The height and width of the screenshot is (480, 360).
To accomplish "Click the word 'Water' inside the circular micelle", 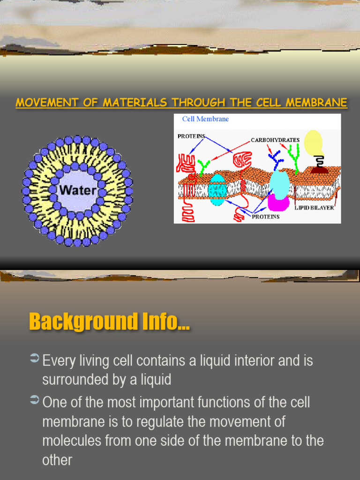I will (77, 191).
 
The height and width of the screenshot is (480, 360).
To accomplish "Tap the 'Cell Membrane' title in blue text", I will (205, 119).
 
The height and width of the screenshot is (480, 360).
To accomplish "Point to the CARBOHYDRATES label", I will (275, 140).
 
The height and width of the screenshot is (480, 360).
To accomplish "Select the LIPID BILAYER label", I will (314, 207).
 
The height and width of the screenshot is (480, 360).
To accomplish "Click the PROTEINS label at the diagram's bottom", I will (266, 217).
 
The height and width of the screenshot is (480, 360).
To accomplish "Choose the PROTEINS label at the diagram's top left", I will (191, 136).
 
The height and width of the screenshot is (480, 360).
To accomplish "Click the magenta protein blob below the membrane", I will (278, 202).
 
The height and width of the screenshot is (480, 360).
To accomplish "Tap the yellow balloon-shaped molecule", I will (313, 142).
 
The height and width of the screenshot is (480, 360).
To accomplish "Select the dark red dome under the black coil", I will (319, 170).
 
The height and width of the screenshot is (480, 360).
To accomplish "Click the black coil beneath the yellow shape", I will (319, 161).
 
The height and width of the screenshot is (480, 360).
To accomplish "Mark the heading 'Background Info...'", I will (109, 322).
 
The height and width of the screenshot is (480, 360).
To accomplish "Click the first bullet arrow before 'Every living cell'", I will (34, 359).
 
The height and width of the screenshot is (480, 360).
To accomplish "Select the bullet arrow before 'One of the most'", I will (34, 400).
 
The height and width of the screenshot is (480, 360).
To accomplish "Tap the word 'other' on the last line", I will (57, 460).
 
